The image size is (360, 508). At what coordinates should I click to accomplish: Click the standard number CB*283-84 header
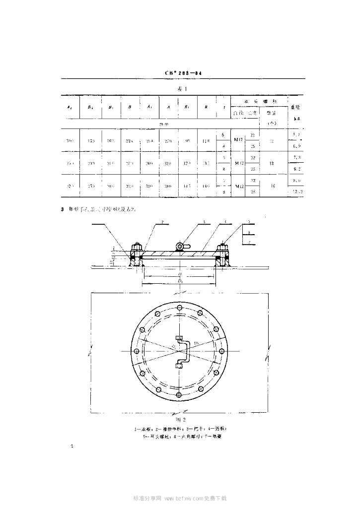[183, 73]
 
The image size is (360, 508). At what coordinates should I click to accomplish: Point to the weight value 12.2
[296, 191]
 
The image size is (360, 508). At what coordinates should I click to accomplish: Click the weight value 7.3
[296, 157]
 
